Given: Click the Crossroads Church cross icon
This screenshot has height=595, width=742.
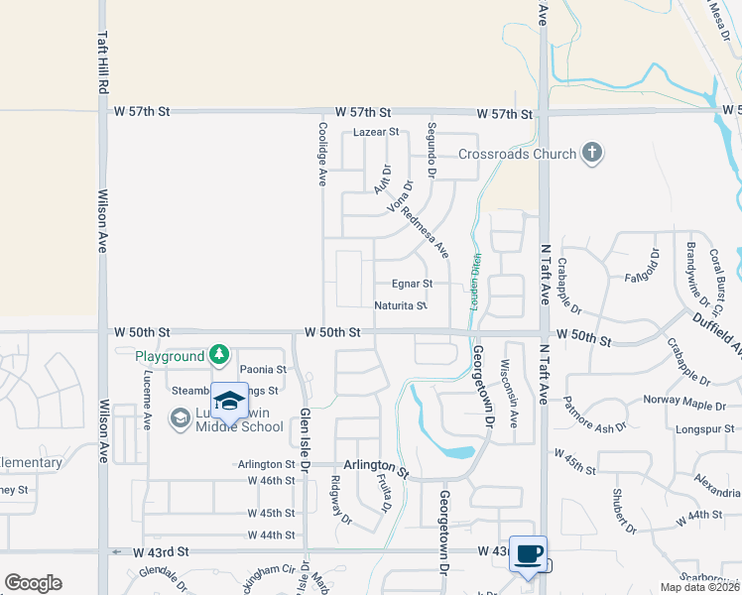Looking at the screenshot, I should [592, 153].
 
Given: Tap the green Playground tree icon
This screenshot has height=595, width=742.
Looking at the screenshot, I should [219, 355].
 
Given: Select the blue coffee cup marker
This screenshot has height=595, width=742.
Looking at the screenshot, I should [528, 554].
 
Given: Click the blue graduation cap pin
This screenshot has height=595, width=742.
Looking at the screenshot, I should [229, 401].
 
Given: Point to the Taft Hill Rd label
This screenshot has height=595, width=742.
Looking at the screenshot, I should [101, 59].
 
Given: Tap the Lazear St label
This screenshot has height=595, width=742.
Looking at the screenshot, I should [376, 132].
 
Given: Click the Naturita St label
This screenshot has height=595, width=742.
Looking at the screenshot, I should [401, 305].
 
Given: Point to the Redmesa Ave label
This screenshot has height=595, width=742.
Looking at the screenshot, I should [426, 234].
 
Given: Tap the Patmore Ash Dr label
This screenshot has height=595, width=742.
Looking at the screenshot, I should [595, 417].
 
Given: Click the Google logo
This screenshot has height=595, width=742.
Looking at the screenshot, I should [33, 583].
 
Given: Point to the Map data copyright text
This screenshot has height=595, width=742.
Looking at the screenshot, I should [698, 587].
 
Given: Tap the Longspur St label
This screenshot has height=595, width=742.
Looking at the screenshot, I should [705, 429].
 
